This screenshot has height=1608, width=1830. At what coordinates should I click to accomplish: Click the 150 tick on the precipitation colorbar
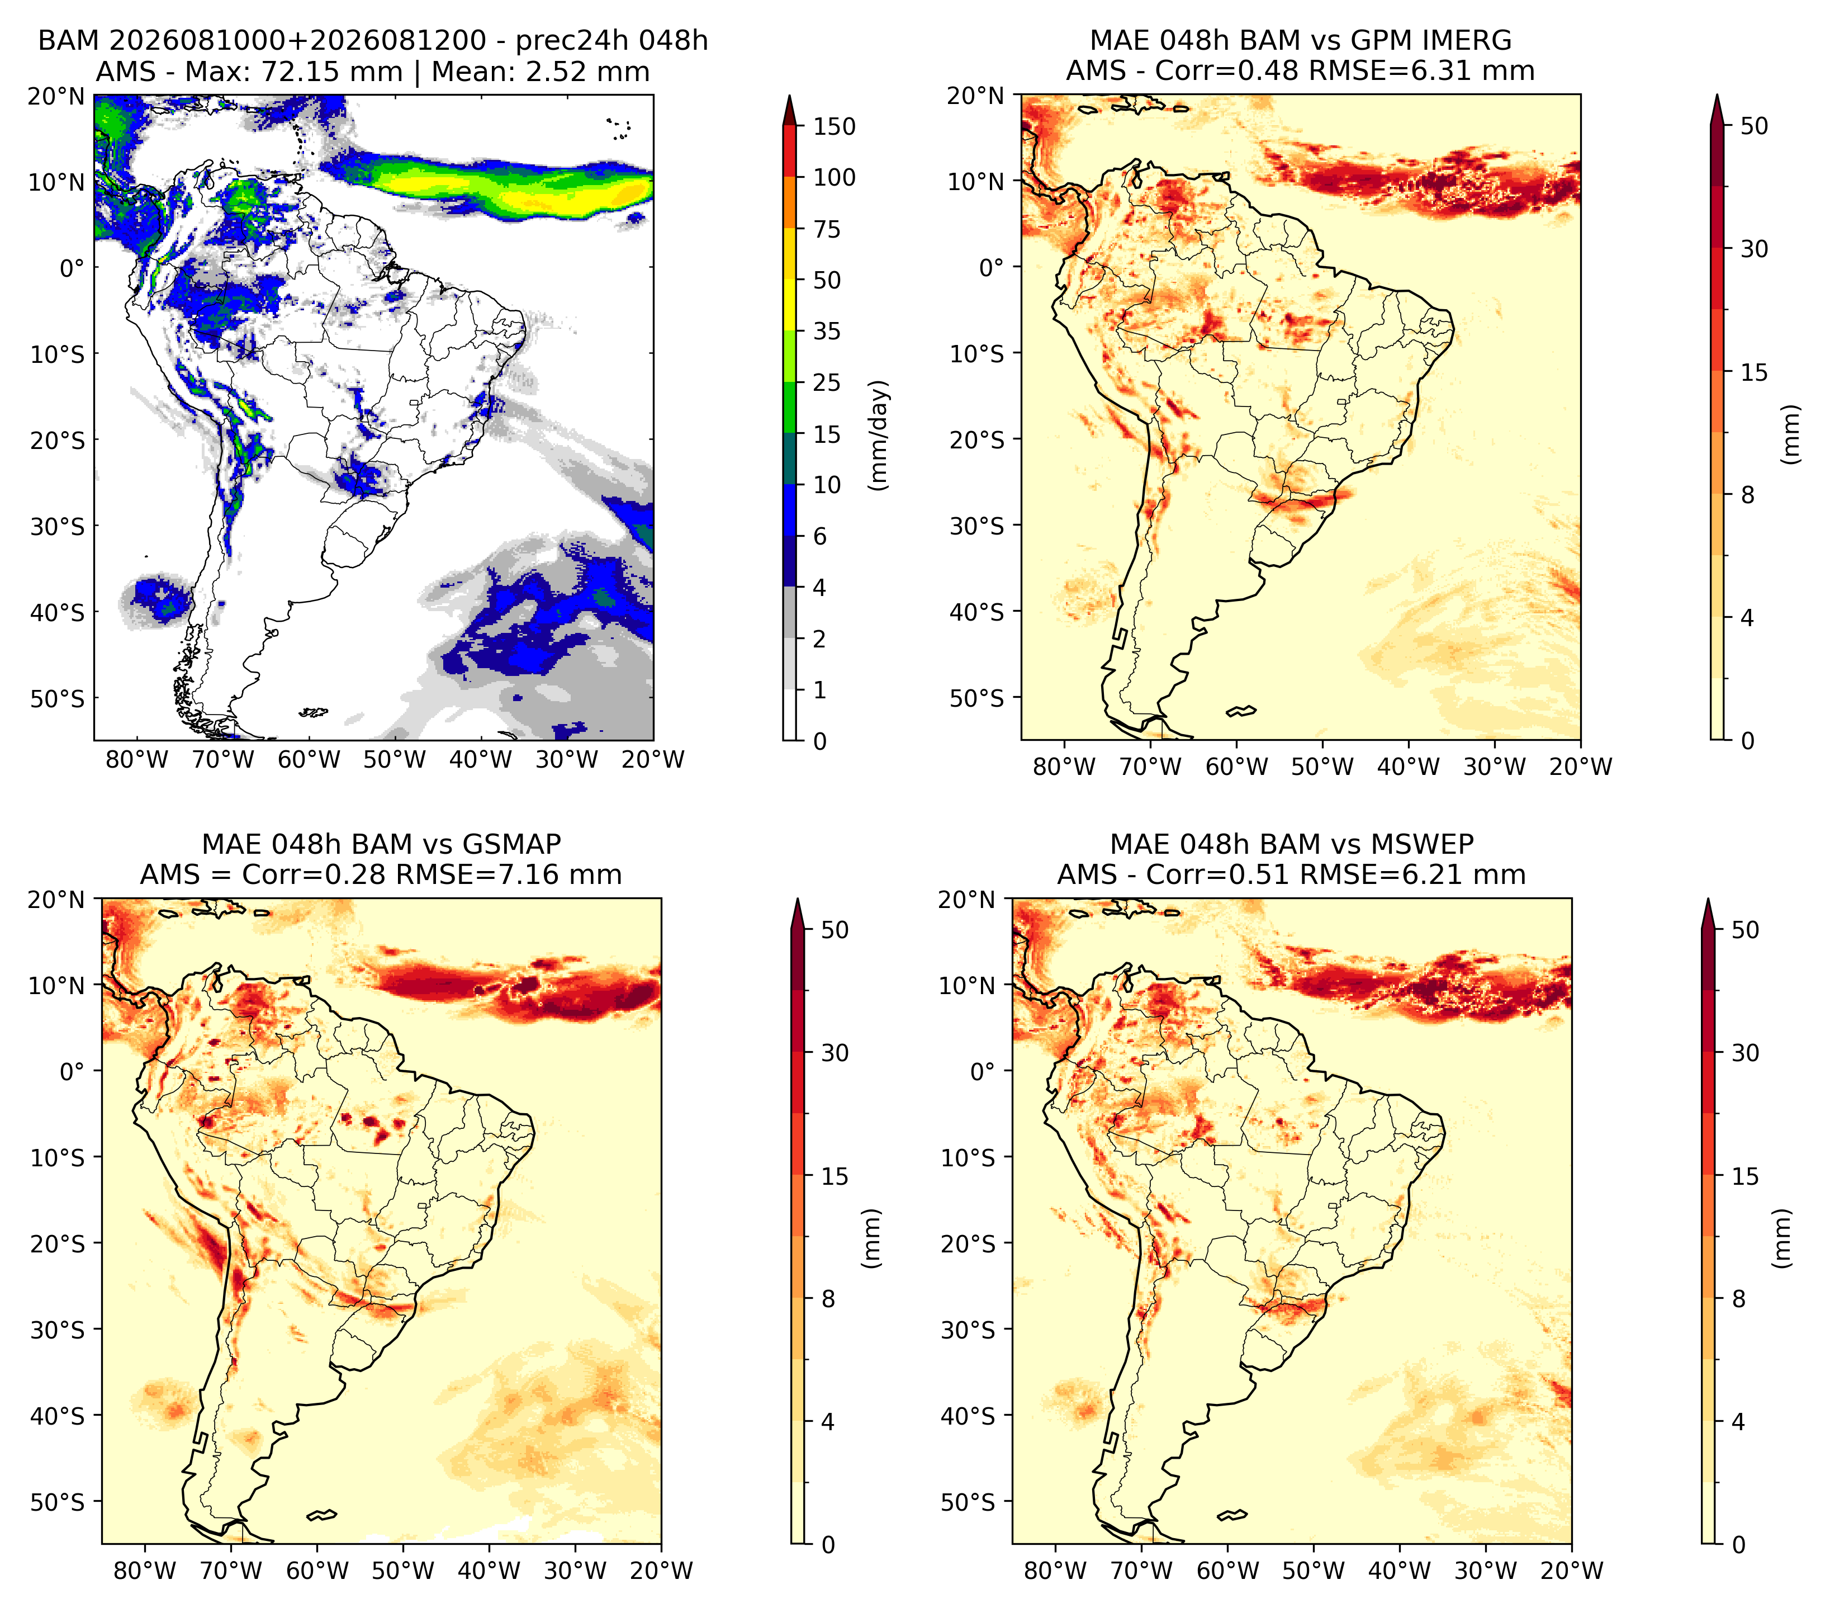[833, 126]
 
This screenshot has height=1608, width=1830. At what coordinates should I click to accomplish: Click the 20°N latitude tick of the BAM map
[55, 96]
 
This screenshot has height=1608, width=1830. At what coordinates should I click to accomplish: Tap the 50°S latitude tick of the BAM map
[55, 698]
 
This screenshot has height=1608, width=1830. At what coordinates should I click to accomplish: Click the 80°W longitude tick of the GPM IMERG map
[1064, 767]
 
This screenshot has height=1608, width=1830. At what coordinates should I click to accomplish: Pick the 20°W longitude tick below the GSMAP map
[661, 1571]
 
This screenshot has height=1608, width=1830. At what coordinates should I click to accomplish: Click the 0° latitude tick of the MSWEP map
[982, 1071]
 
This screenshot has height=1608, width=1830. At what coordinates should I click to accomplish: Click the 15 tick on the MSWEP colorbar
[1745, 1176]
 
